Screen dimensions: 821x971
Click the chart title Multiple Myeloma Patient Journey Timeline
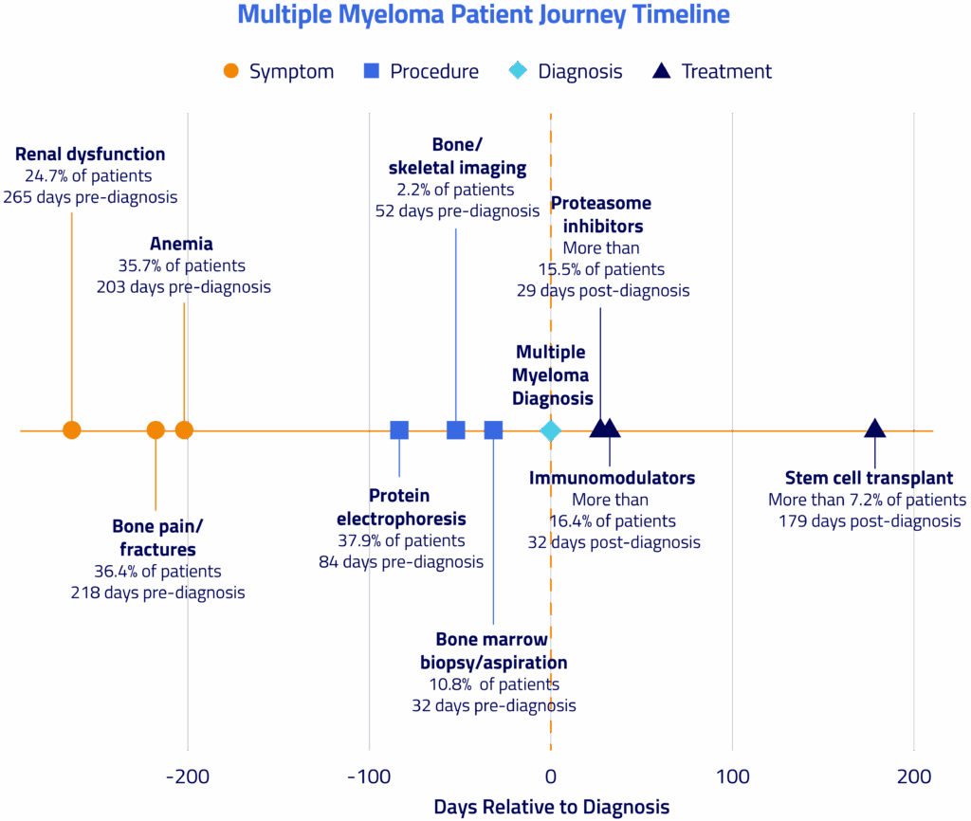click(484, 15)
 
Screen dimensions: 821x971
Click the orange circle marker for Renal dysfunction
click(72, 430)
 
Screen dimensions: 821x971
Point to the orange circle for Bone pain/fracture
click(156, 430)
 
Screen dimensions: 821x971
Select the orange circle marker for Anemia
click(184, 430)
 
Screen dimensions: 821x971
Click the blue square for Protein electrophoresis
click(399, 430)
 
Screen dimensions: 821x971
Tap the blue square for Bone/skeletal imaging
click(456, 430)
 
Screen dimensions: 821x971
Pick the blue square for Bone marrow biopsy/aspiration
click(493, 430)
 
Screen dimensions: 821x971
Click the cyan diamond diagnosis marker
click(551, 430)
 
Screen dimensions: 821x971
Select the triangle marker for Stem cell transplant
click(875, 429)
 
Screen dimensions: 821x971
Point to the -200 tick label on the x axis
click(188, 777)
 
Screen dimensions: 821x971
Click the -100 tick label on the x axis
click(369, 777)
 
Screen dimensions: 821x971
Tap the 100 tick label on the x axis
click(732, 777)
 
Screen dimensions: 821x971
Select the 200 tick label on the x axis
click(914, 777)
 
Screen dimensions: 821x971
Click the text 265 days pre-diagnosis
click(90, 197)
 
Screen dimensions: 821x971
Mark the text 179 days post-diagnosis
click(870, 520)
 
